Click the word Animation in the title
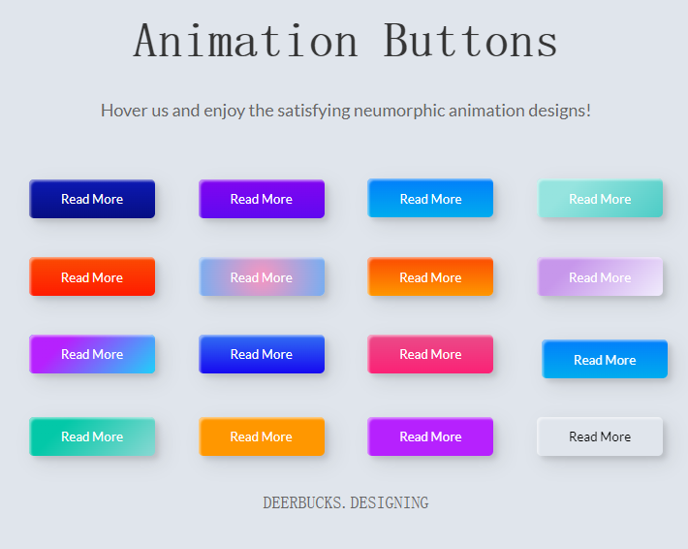246,41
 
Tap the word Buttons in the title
471,41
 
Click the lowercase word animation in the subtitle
486,111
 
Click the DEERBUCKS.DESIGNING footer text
346,502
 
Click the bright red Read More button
92,276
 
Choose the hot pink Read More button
430,354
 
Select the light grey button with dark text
600,436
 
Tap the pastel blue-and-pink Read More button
262,276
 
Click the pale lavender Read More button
600,276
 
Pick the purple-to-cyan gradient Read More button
92,354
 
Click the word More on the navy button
108,200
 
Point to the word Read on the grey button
582,436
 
